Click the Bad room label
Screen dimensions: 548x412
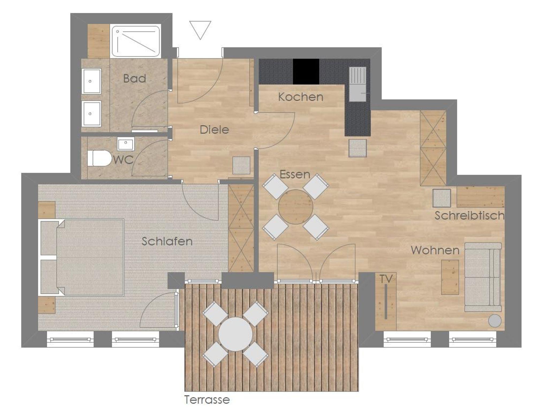[x=135, y=78]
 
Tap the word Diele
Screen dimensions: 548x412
[x=214, y=130]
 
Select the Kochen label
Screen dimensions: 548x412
[x=300, y=97]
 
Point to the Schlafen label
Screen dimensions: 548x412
[x=167, y=241]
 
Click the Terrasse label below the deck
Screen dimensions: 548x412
[x=207, y=400]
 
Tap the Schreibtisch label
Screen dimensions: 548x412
[x=469, y=216]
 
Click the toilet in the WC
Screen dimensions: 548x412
[x=99, y=158]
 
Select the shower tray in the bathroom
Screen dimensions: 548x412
[x=136, y=41]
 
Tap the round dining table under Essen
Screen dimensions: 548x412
[x=295, y=207]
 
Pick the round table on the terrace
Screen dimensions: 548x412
[x=235, y=334]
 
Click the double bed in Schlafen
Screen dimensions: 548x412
[x=82, y=257]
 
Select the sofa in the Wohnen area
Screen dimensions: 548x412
[x=483, y=277]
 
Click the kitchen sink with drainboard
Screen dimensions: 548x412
[x=357, y=84]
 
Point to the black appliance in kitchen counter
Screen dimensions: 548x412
[x=306, y=72]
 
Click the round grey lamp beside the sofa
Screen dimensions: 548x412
[x=495, y=321]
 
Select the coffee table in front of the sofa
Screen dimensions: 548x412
[x=450, y=277]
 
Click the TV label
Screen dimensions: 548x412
[x=386, y=279]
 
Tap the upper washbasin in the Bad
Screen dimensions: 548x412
[x=91, y=81]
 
